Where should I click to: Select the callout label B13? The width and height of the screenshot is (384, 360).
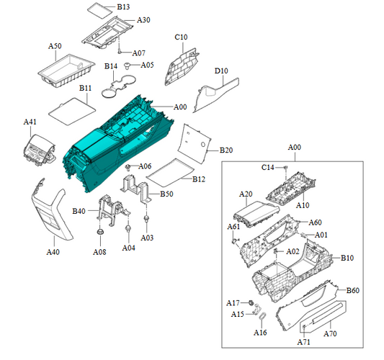click(123, 6)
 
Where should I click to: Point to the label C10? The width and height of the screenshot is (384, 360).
click(181, 37)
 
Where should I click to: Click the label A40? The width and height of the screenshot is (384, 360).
click(53, 252)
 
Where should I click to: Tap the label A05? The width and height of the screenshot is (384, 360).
click(147, 65)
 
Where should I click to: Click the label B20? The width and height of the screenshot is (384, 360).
click(226, 150)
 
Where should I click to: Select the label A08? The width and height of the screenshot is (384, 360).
click(99, 251)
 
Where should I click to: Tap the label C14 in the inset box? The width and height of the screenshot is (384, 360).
click(267, 167)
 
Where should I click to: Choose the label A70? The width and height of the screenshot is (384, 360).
click(331, 334)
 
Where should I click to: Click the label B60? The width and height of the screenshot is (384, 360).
click(352, 290)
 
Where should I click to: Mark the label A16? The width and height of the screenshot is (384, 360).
click(260, 333)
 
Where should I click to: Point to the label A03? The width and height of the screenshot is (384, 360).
click(147, 237)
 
